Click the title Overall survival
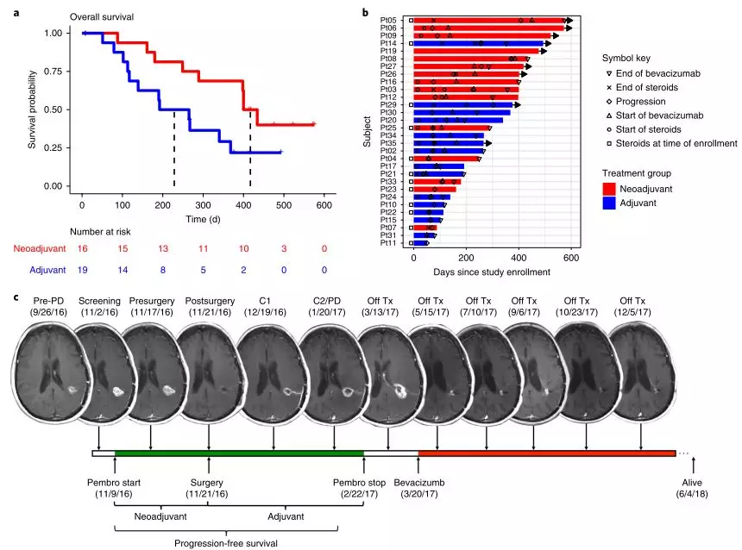[102, 17]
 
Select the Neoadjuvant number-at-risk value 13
[163, 249]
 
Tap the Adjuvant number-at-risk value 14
[123, 270]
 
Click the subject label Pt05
[388, 21]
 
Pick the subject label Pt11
[388, 243]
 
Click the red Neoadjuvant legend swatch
[609, 189]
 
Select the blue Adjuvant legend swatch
[609, 203]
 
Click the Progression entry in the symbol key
[640, 102]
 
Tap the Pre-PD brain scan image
[48, 373]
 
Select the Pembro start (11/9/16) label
[114, 488]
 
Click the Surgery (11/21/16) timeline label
[207, 488]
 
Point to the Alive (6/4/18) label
[692, 488]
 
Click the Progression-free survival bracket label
[226, 543]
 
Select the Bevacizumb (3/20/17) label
[419, 488]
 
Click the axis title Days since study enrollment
[492, 272]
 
